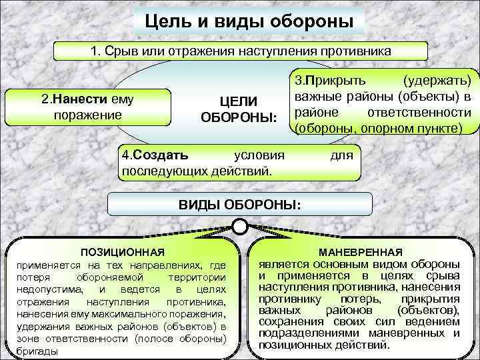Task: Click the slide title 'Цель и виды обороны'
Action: pyautogui.click(x=249, y=21)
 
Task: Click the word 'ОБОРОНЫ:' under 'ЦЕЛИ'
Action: pyautogui.click(x=238, y=117)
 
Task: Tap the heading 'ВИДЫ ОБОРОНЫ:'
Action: pyautogui.click(x=240, y=205)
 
